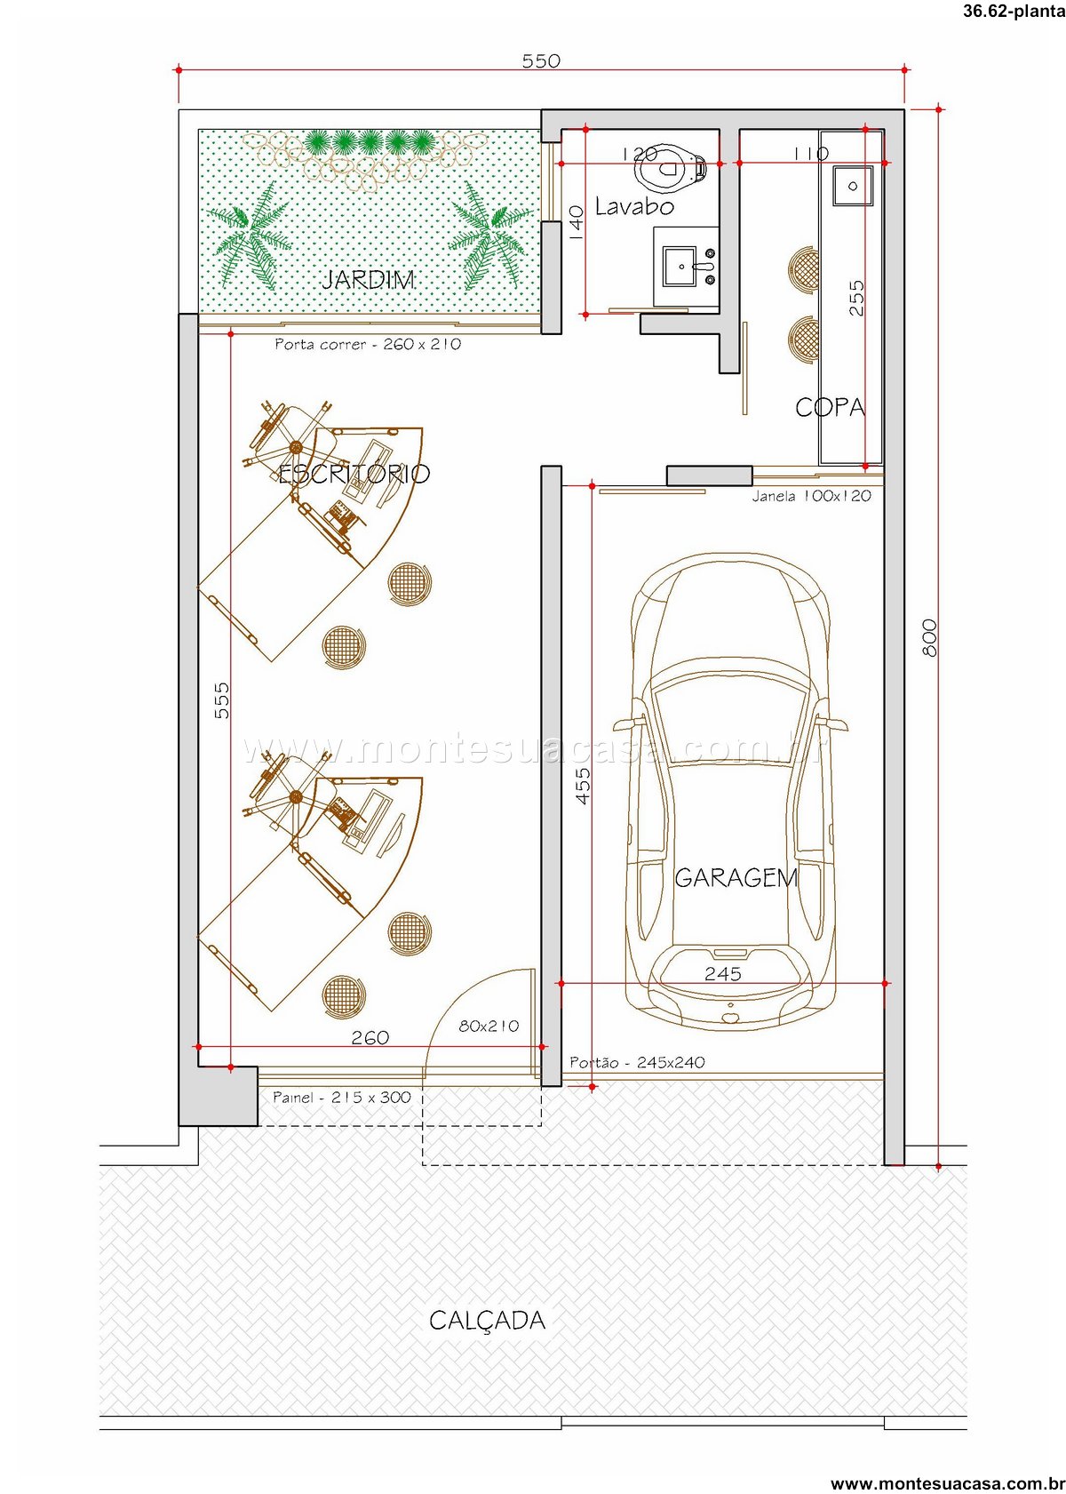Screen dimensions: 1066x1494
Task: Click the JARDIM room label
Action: coord(368,279)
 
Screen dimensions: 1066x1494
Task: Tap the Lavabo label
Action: coord(634,207)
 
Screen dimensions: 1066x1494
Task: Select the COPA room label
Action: coord(830,407)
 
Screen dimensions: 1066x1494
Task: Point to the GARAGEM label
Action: coord(736,878)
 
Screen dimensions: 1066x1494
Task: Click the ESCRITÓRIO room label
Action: coord(354,474)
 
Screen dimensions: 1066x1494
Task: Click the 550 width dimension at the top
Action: coord(541,60)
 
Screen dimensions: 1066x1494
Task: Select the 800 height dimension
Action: coord(930,637)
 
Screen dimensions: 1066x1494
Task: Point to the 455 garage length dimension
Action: coord(582,786)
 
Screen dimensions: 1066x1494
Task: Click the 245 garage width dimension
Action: coord(723,974)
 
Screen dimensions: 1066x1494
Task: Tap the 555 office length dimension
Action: coord(222,700)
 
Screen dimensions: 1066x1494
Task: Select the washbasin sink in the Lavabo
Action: coord(680,266)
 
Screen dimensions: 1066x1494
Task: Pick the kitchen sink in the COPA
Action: coord(852,186)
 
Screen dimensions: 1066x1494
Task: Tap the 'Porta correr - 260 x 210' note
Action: coord(368,344)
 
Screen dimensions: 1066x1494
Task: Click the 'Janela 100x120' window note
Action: coord(811,496)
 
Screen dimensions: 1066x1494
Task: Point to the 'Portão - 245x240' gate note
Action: coord(637,1062)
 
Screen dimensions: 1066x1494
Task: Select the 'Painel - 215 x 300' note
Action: coord(342,1097)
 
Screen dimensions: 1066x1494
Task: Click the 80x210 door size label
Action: coord(489,1027)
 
